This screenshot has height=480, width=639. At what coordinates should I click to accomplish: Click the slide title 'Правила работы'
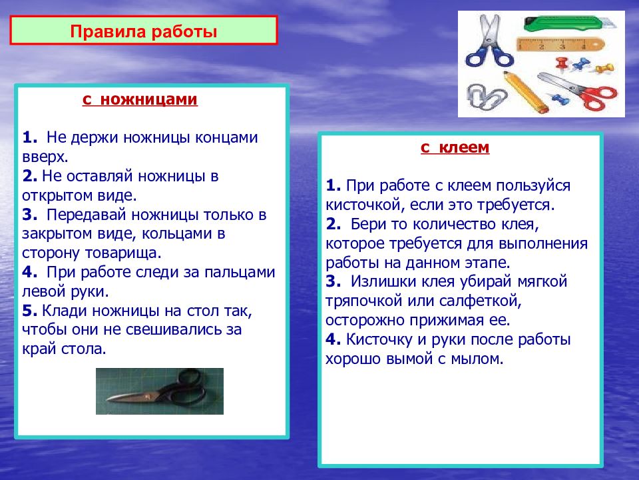144,31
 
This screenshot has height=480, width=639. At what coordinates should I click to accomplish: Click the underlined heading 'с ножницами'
140,99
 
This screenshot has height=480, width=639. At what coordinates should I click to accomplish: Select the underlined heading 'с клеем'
455,147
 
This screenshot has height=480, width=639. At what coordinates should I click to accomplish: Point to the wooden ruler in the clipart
560,45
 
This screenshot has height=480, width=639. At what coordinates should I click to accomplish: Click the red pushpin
562,63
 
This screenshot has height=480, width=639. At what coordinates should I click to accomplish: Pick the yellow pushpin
604,68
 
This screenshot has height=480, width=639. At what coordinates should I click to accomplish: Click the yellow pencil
526,92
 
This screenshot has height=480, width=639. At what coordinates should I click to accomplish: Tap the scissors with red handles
578,90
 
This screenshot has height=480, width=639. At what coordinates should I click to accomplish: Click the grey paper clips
486,96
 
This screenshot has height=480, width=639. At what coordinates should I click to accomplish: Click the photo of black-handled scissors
160,391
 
